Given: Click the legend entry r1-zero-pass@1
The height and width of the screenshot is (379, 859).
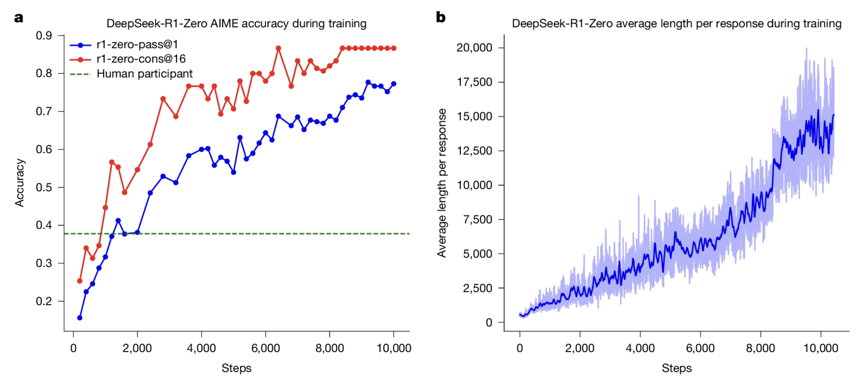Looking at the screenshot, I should click(137, 45).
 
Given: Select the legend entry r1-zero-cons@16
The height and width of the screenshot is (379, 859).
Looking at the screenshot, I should click(141, 59).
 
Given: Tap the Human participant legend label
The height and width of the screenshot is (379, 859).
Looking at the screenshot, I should click(144, 74).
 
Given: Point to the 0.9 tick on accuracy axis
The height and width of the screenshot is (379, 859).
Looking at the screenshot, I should click(44, 35).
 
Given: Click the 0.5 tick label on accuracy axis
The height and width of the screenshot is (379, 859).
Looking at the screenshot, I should click(44, 187).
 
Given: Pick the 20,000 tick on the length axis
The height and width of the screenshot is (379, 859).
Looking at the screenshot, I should click(474, 48).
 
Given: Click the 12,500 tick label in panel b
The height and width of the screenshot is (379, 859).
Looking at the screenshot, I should click(474, 151).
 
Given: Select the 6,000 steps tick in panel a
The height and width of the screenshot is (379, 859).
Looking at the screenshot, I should click(265, 348).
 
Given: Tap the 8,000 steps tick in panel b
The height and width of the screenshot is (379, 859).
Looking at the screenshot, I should click(760, 348).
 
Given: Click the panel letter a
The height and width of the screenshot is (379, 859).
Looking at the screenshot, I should click(19, 17).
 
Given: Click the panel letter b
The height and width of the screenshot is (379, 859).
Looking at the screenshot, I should click(440, 17).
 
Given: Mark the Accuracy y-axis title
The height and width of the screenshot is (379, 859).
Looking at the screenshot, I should click(19, 183).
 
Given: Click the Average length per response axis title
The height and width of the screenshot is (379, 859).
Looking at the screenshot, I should click(442, 183).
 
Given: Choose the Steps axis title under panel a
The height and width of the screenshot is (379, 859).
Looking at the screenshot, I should click(236, 368).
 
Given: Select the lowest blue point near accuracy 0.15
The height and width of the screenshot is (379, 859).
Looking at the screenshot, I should click(80, 317).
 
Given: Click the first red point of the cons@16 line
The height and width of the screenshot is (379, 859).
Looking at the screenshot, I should click(80, 281).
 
